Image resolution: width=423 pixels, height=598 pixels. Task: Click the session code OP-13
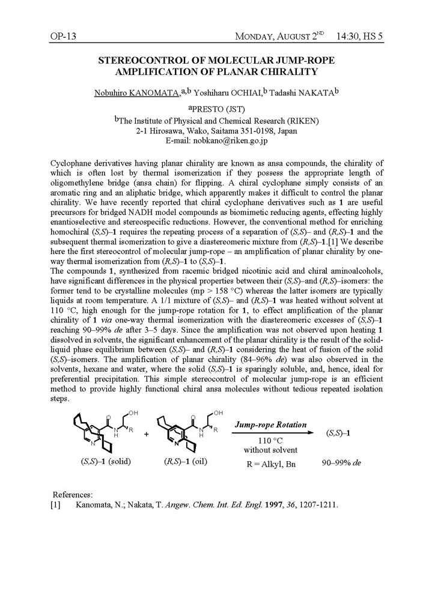click(63, 37)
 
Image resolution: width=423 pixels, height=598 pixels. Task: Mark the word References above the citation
click(73, 494)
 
